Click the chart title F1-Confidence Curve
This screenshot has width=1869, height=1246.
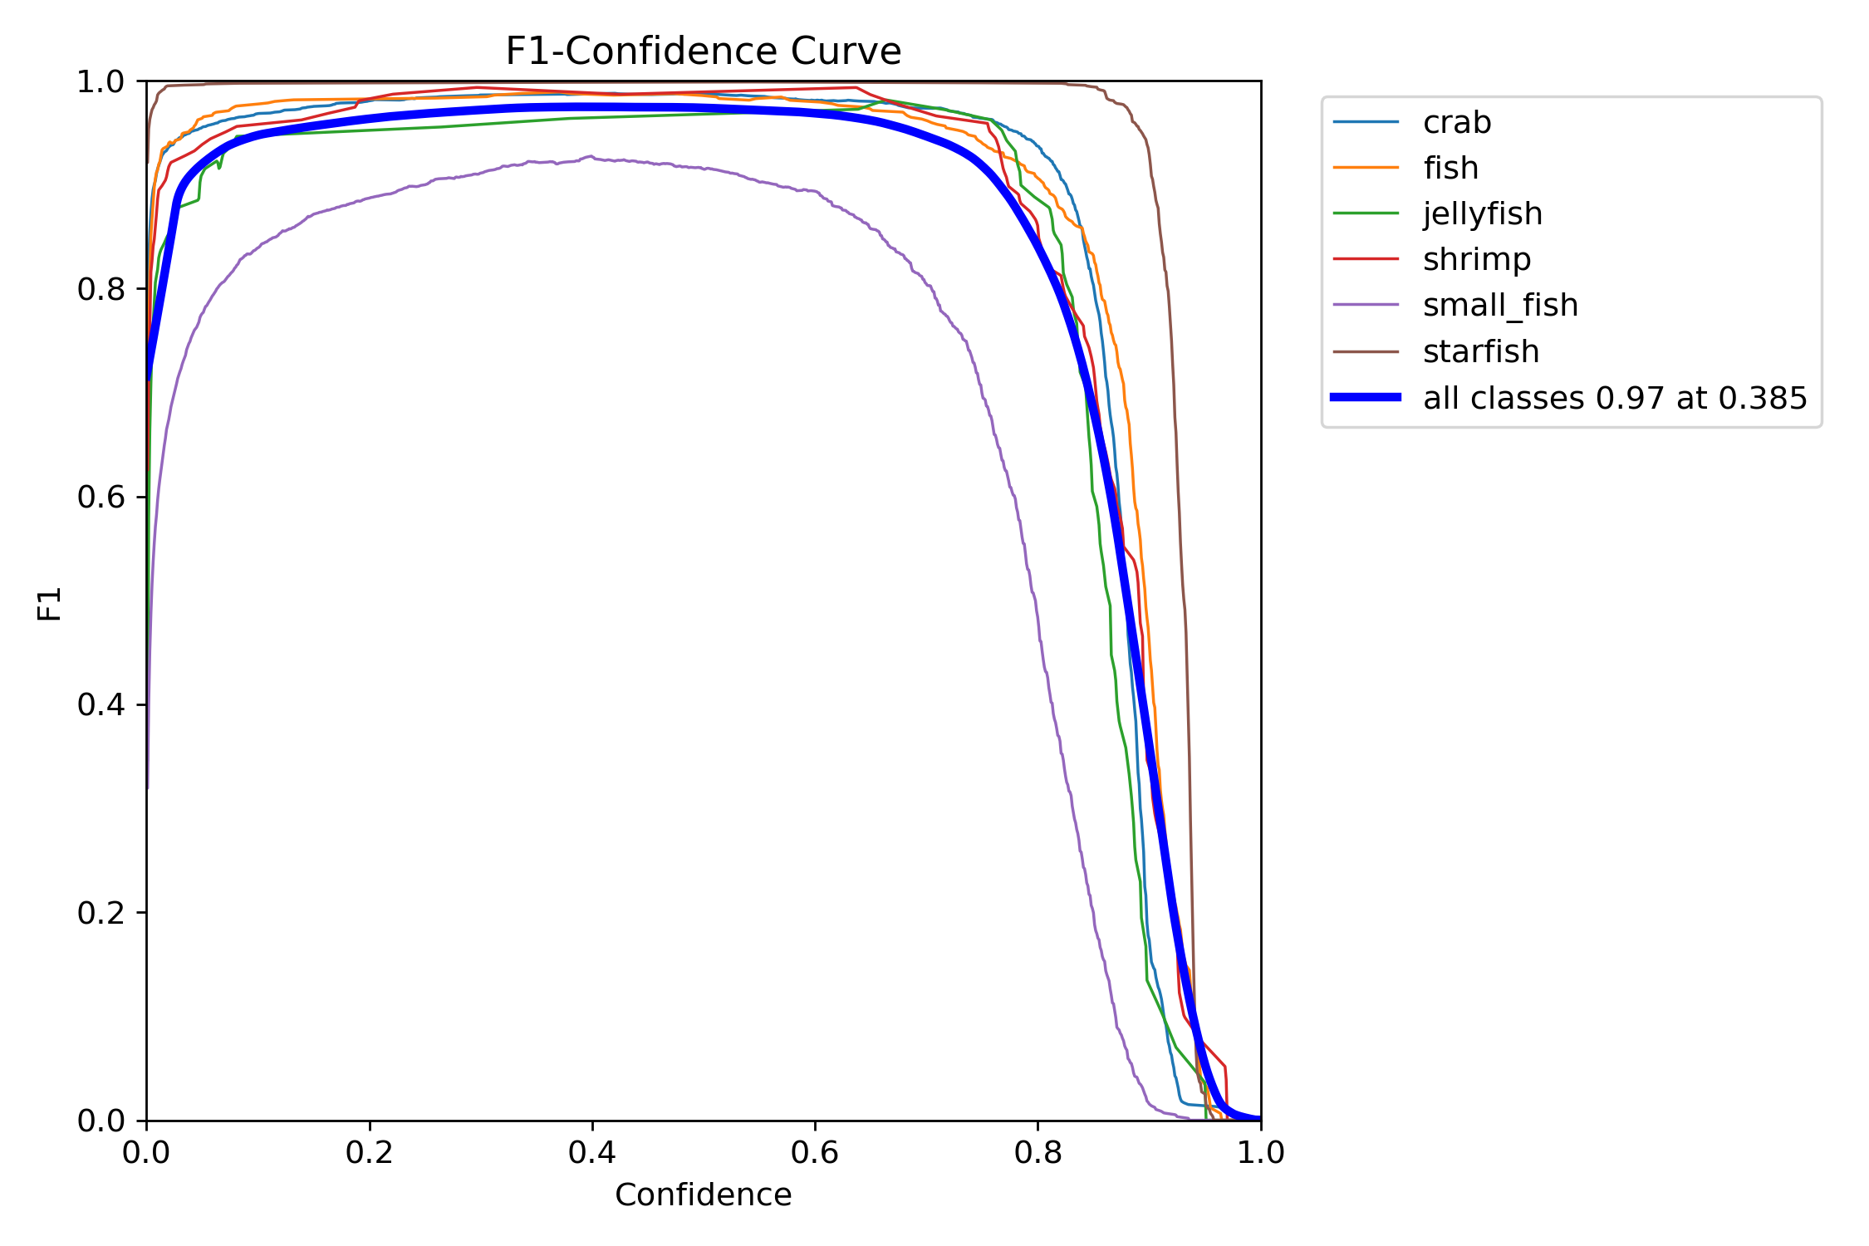pos(703,52)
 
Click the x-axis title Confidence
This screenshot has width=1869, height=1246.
pos(703,1194)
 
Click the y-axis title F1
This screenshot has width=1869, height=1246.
pos(50,603)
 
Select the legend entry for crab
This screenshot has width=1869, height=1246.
pos(1457,123)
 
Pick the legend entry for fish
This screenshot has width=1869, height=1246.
pos(1450,169)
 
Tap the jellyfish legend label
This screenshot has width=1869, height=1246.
pos(1482,214)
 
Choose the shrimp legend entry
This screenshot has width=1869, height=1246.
pos(1476,260)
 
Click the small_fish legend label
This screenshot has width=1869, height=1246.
pos(1500,306)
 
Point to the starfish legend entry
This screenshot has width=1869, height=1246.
pos(1480,351)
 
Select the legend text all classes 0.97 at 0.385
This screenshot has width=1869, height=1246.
pos(1614,398)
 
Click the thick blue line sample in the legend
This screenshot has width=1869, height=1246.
pos(1366,398)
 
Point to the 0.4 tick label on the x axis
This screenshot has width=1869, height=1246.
pos(591,1153)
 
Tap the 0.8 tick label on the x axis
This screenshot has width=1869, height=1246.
pos(1038,1153)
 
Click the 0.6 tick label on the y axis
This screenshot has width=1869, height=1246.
pos(100,497)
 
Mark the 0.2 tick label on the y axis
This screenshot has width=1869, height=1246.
pos(100,913)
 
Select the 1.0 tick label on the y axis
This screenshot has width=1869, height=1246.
pos(100,81)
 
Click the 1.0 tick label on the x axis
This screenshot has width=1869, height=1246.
pos(1260,1153)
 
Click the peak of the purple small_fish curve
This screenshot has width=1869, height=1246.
pos(591,156)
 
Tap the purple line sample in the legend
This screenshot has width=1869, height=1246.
pos(1366,306)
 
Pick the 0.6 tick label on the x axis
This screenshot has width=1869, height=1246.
pos(815,1153)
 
